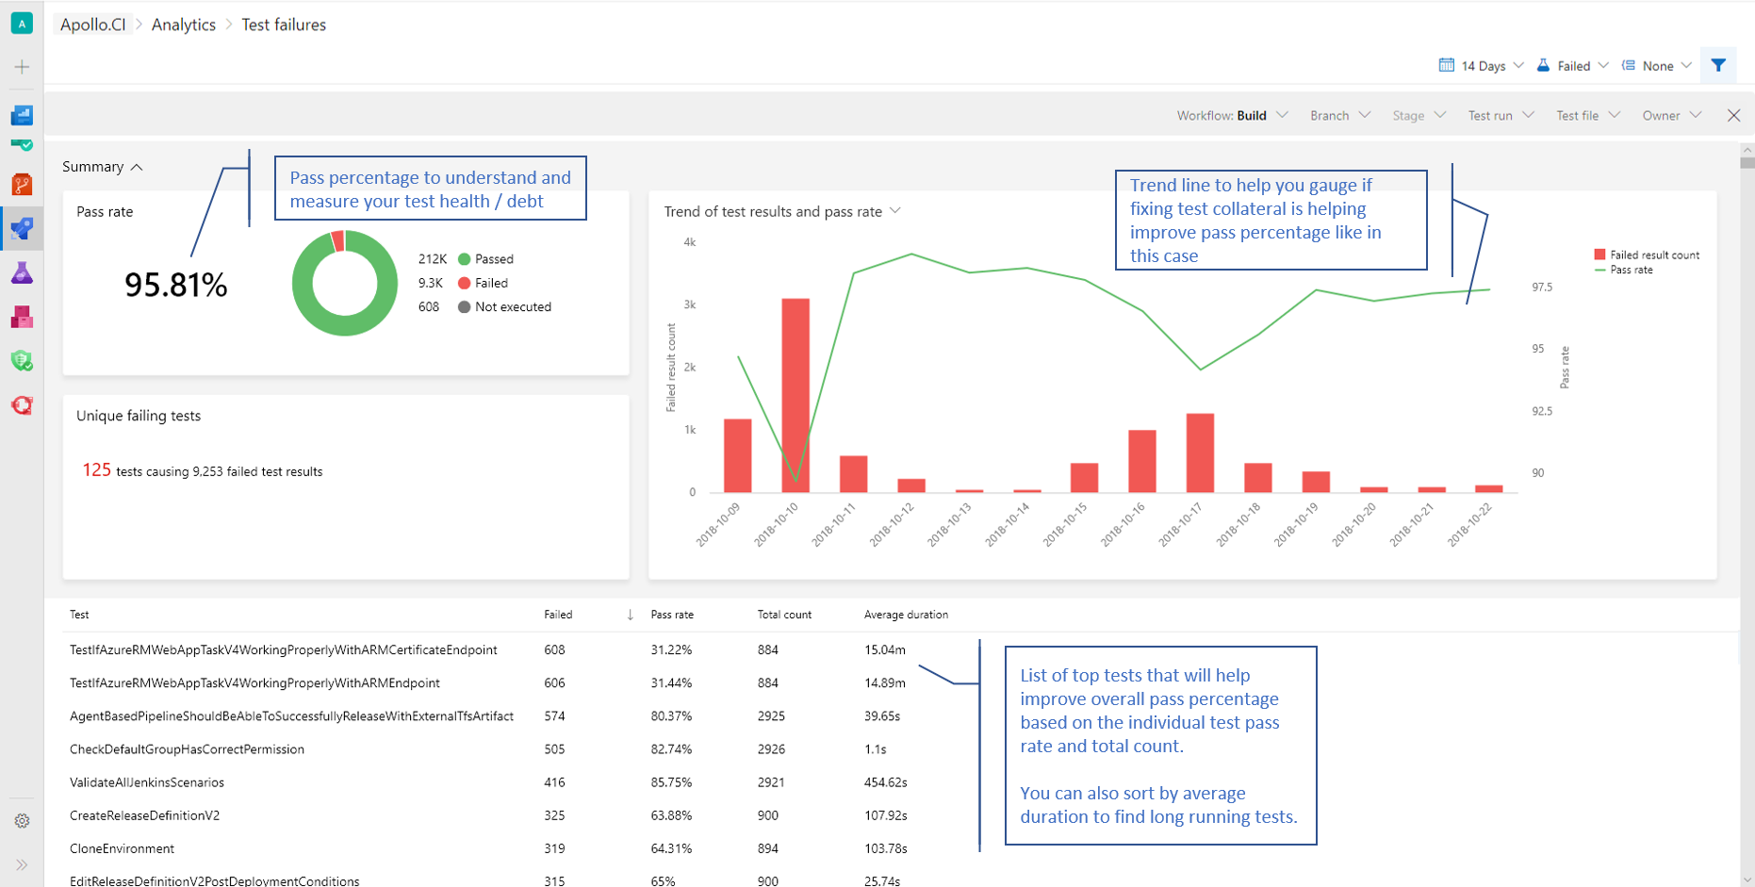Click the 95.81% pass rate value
(x=176, y=285)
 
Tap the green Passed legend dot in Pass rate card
(x=464, y=259)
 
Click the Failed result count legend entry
(x=1647, y=255)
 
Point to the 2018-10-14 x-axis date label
(x=1009, y=524)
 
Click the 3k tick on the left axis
(x=690, y=304)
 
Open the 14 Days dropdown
(x=1482, y=66)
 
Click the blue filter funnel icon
(x=1718, y=66)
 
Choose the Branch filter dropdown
(x=1339, y=115)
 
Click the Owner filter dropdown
(x=1670, y=115)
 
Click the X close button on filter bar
(x=1733, y=115)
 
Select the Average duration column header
(x=906, y=615)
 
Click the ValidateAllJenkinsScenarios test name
(x=147, y=782)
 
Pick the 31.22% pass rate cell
(x=671, y=649)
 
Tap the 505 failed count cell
(x=554, y=749)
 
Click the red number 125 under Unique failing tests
(x=96, y=469)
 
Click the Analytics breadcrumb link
(x=184, y=25)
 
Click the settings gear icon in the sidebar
(x=22, y=821)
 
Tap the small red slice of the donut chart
(x=337, y=240)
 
